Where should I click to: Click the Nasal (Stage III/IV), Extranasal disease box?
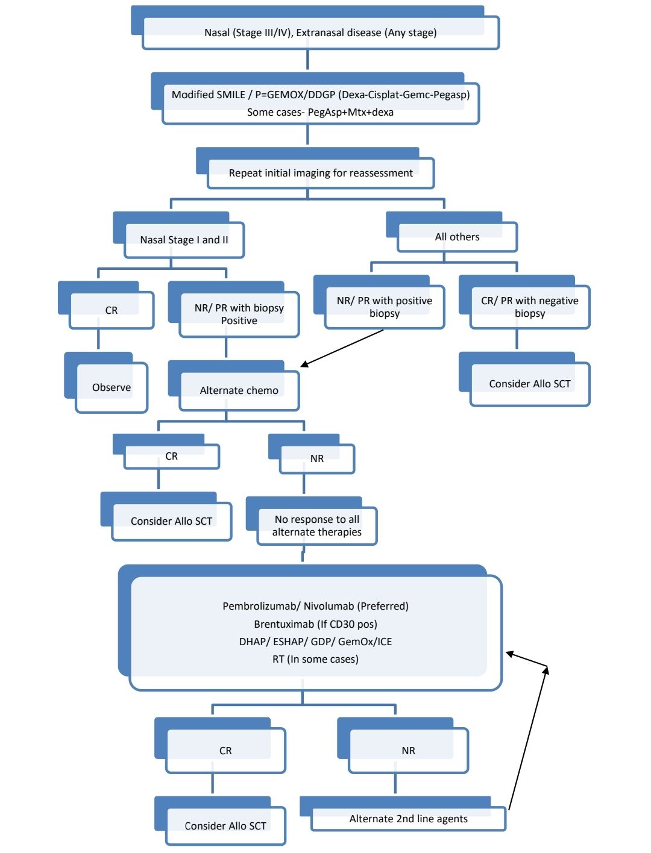click(315, 28)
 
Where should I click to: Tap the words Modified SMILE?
click(209, 95)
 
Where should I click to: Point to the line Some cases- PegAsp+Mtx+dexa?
click(320, 112)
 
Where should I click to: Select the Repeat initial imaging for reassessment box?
click(315, 168)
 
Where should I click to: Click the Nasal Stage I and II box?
click(178, 235)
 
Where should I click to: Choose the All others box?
click(451, 231)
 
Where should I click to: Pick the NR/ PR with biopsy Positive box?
click(234, 309)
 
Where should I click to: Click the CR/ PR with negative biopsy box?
click(524, 302)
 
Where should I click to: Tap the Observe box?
click(106, 383)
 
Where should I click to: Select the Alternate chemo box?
click(234, 386)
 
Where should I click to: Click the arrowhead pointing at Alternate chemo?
click(304, 364)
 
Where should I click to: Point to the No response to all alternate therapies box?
click(312, 520)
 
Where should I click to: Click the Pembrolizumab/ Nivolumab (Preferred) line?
click(315, 606)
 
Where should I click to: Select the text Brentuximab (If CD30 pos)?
click(315, 623)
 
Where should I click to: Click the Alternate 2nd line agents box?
click(403, 813)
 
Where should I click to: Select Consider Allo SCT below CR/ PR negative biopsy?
click(524, 380)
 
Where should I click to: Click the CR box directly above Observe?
click(106, 305)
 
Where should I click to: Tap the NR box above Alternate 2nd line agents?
click(403, 745)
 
